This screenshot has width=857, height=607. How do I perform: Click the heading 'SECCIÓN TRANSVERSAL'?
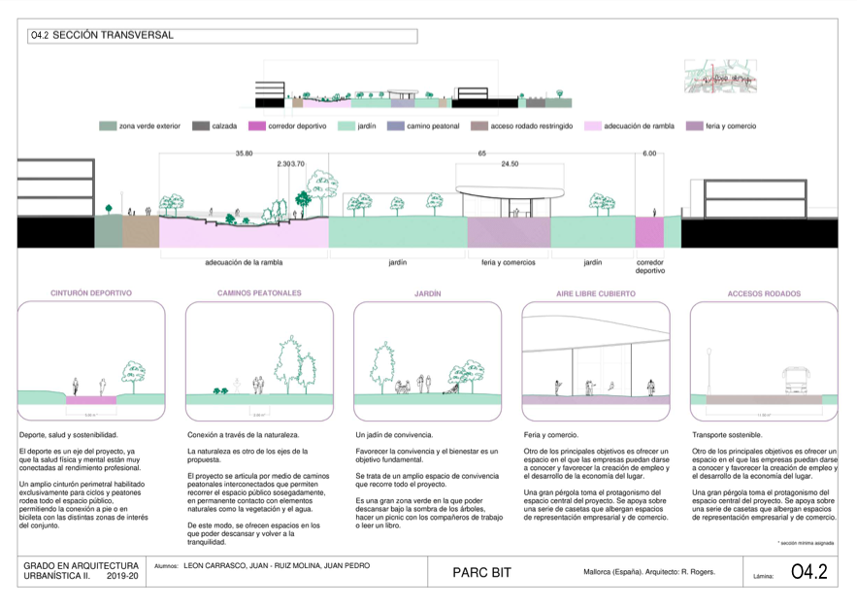(x=113, y=36)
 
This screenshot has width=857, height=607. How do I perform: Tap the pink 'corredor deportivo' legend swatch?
(x=256, y=126)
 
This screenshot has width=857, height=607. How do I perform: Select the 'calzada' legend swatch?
(x=201, y=126)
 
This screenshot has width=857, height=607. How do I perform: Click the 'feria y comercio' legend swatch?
(x=694, y=126)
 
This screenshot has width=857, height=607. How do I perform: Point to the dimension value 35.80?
(x=244, y=153)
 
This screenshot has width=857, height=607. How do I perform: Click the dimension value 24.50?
(x=510, y=164)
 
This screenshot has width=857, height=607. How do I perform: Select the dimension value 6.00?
(x=649, y=153)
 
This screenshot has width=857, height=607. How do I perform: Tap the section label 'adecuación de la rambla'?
(x=244, y=262)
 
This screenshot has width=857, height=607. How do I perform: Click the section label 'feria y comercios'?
(x=509, y=262)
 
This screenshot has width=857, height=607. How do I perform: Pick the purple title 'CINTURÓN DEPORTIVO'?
(x=91, y=292)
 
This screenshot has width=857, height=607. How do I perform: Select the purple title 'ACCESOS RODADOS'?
(x=764, y=293)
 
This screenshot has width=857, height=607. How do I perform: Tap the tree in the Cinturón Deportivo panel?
(x=132, y=374)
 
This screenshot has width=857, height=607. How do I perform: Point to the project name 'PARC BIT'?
(x=483, y=572)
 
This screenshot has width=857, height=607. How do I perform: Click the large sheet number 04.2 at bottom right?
(x=809, y=572)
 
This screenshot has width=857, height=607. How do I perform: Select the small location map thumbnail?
(x=720, y=77)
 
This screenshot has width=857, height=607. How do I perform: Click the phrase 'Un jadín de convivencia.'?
(x=394, y=434)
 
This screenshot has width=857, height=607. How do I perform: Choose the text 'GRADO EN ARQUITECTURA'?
(x=82, y=565)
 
